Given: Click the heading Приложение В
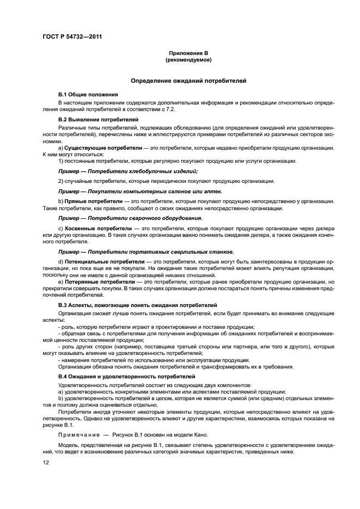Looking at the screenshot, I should pyautogui.click(x=188, y=53).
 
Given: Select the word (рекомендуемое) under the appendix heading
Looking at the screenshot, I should pyautogui.click(x=188, y=59).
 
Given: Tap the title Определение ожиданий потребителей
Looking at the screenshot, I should pyautogui.click(x=188, y=81).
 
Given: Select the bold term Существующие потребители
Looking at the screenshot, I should pyautogui.click(x=96, y=148).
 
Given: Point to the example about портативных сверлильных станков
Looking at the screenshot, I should pyautogui.click(x=146, y=252).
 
